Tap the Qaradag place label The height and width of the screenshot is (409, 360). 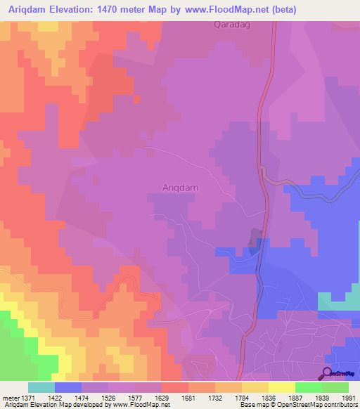tap(232, 25)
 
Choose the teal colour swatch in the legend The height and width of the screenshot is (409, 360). tap(41, 387)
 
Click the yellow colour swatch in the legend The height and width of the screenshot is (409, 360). tap(282, 387)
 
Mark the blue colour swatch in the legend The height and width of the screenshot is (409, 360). tap(67, 387)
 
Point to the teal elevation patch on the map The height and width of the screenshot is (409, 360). tap(337, 301)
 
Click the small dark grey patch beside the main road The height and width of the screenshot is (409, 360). tap(254, 242)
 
